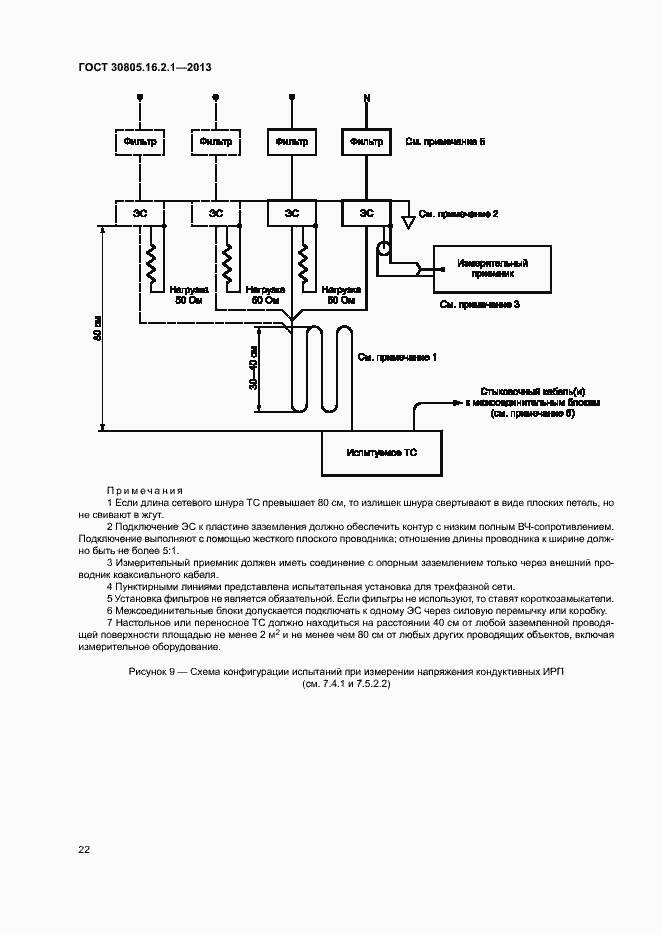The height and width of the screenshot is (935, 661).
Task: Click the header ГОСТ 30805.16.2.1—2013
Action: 144,68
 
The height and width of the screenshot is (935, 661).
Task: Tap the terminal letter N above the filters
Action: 367,98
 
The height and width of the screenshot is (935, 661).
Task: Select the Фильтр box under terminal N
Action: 367,142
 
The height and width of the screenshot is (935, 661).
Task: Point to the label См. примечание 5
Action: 445,142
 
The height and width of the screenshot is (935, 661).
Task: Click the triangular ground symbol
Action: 407,218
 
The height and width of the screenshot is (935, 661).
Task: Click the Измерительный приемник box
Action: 492,267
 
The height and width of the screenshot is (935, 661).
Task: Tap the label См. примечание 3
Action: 480,304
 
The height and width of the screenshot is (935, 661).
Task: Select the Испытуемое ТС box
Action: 381,453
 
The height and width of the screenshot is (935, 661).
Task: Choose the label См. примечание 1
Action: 398,357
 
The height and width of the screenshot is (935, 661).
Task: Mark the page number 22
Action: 84,849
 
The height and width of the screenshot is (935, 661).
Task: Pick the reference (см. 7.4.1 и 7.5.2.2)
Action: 345,685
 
